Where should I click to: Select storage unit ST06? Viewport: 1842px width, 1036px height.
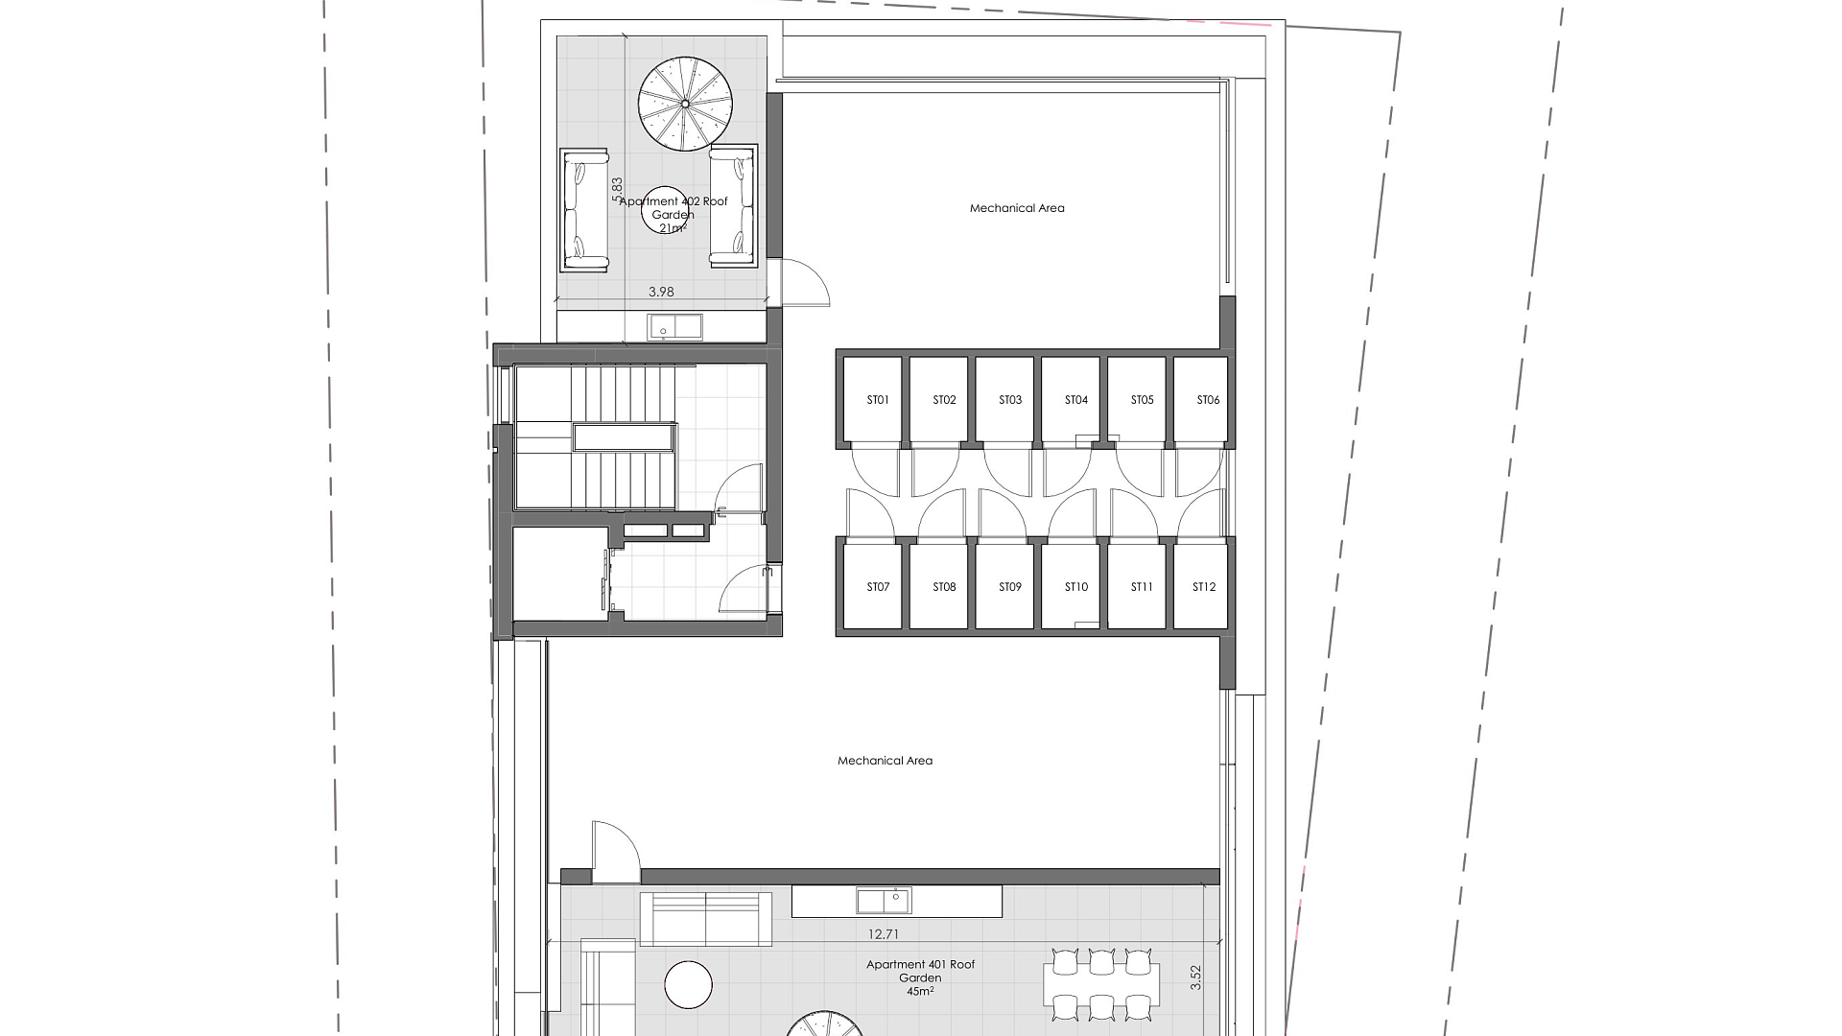1201,400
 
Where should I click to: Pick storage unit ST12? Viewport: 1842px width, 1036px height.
1201,586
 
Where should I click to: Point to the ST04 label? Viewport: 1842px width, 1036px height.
1076,400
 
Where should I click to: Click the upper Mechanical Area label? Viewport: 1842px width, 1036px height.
1017,208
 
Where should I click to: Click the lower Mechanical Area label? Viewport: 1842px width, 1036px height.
885,761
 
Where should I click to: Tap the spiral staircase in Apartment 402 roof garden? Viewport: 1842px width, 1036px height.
685,104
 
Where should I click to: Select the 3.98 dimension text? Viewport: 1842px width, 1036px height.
661,293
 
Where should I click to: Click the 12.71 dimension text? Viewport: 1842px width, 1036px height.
883,934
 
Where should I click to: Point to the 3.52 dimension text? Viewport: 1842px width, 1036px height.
1195,977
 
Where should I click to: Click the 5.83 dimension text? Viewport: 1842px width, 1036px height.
617,189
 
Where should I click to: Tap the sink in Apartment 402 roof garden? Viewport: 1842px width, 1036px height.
674,327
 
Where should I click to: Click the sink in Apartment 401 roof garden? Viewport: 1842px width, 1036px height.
884,901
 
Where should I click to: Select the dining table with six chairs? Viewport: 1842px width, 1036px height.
1101,984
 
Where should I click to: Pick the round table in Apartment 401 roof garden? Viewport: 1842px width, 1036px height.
689,985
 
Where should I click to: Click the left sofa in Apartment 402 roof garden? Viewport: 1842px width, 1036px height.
584,209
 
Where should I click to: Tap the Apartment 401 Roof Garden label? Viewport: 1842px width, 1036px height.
920,972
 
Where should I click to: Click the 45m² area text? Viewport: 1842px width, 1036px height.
920,991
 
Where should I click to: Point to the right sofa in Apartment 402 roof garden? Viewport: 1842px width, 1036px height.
733,206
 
